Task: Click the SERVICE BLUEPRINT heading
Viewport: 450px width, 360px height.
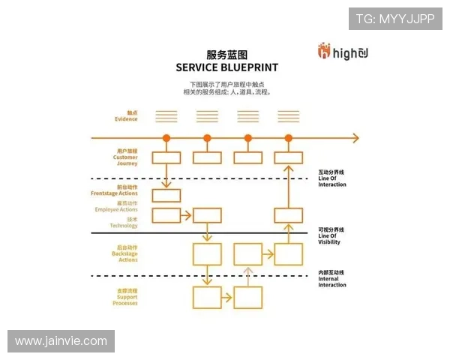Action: tap(226, 67)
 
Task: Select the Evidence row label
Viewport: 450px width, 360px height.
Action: tap(125, 115)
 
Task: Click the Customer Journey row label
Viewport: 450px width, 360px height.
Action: tap(125, 157)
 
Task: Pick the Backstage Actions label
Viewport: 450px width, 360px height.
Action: tap(125, 253)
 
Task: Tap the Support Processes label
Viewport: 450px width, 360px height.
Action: tap(124, 297)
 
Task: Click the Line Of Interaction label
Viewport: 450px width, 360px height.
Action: tap(332, 178)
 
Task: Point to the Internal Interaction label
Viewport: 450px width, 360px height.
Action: tap(332, 279)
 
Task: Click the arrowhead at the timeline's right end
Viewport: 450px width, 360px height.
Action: tap(355, 138)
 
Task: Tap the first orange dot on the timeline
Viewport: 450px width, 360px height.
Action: tap(166, 138)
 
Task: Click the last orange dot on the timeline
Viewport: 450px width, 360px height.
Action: tap(289, 138)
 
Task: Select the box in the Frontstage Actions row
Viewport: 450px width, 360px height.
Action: tap(166, 196)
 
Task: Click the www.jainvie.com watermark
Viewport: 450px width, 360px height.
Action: tap(61, 341)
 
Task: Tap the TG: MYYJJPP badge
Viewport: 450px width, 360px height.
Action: tap(394, 18)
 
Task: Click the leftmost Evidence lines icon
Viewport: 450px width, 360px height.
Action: tap(166, 116)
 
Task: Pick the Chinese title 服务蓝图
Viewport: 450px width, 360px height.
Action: tap(226, 55)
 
